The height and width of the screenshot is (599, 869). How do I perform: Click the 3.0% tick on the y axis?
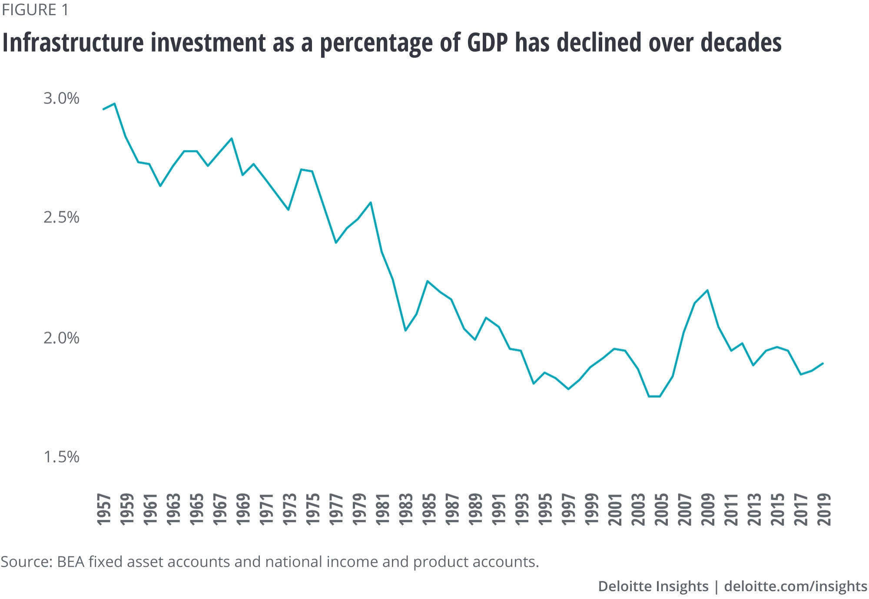point(61,99)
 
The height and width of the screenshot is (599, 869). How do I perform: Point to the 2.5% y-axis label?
point(61,217)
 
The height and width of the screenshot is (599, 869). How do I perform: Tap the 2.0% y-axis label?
point(61,338)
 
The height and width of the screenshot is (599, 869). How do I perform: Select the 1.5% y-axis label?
point(61,457)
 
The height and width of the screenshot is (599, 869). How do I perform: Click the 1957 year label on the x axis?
point(104,509)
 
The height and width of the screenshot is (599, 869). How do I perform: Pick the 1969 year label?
point(243,509)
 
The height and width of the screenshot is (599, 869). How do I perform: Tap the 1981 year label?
point(383,509)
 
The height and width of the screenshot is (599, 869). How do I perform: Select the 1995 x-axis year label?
point(545,509)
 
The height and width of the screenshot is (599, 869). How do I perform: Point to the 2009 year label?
point(708,509)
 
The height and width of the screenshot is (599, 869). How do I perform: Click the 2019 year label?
point(824,509)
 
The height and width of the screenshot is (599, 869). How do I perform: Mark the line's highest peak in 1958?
point(114,103)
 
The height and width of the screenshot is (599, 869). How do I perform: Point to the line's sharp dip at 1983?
point(405,331)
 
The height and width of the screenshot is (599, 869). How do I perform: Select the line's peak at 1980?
point(371,202)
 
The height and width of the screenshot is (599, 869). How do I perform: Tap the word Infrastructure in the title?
point(73,43)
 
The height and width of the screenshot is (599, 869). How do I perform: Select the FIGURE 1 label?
point(35,10)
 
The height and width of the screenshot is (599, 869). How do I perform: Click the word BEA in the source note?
point(71,562)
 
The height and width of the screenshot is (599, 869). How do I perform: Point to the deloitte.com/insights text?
point(796,586)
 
